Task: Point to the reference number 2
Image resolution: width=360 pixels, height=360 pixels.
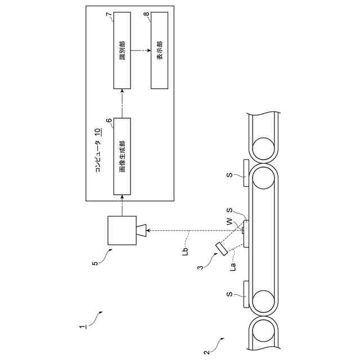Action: coord(206,353)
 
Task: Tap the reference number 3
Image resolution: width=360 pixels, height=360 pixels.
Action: coord(200,268)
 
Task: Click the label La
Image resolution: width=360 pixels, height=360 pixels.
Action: coord(232,269)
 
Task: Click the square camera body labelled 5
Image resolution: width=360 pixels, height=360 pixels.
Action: coord(121,231)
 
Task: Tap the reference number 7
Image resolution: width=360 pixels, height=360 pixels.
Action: coord(109,15)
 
